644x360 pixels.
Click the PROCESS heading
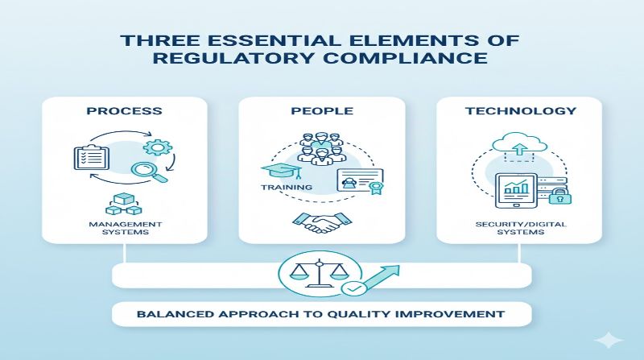[125, 110]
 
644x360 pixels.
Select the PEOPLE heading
[323, 110]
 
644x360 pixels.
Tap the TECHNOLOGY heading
[520, 110]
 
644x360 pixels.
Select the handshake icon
[322, 221]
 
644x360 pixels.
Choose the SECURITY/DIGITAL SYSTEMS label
[520, 227]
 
